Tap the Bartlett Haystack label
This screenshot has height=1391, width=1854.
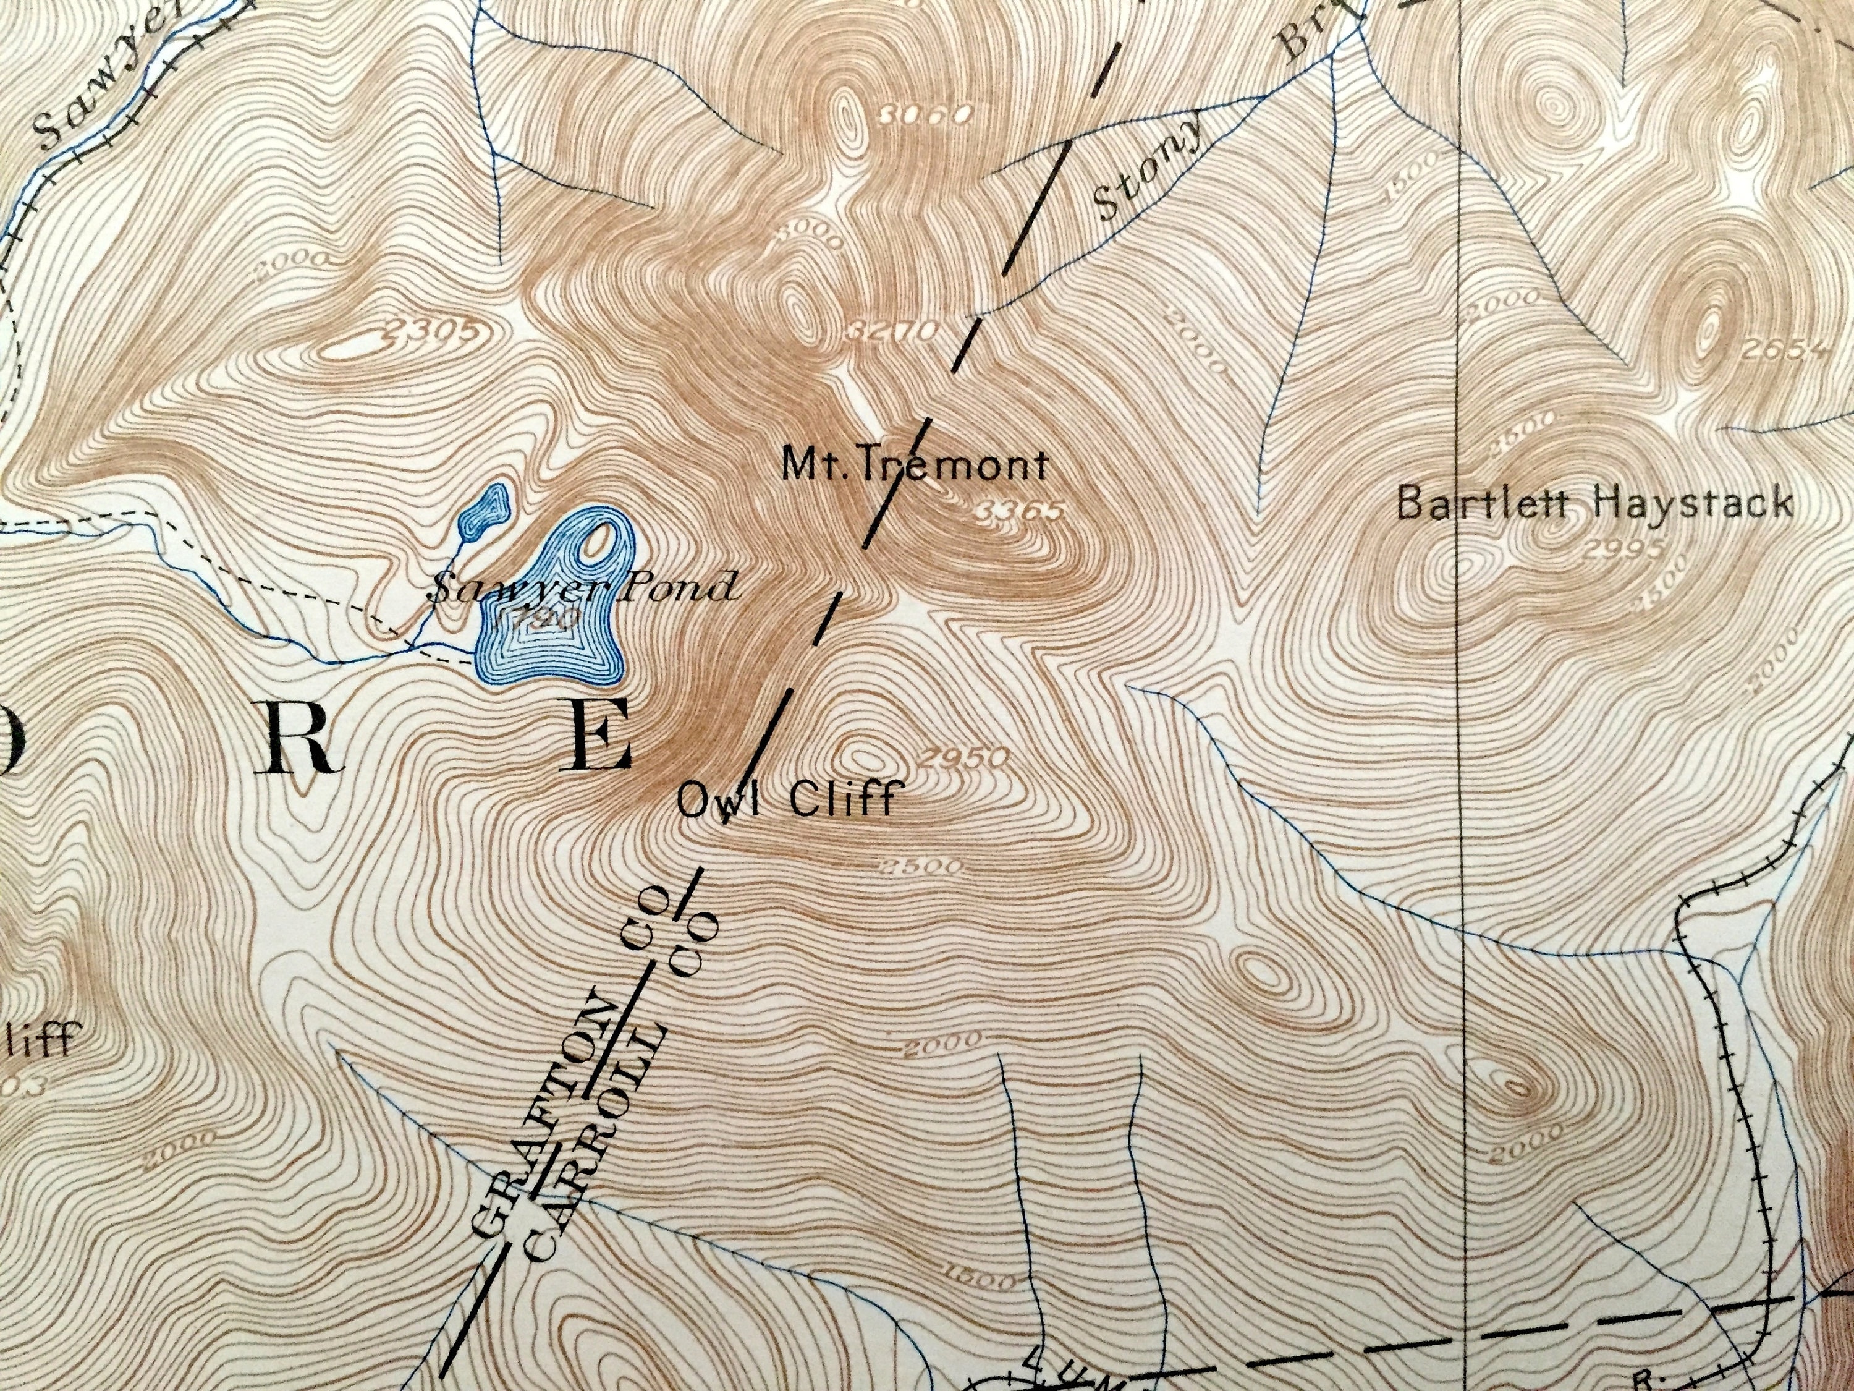(1596, 504)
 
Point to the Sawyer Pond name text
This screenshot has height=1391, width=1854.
(583, 588)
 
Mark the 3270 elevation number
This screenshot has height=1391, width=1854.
(891, 331)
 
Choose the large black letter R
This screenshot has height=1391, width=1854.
(301, 738)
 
